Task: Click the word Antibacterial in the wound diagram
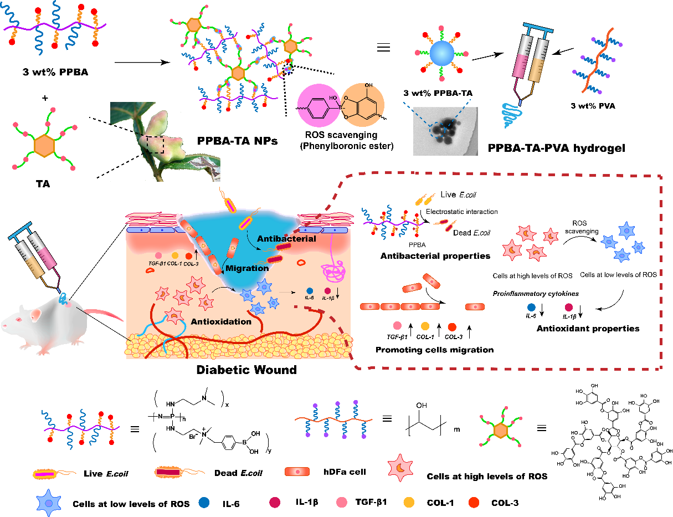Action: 286,239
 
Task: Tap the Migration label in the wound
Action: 247,268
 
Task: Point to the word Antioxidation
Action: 221,321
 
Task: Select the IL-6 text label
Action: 310,298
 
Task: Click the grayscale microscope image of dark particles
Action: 445,131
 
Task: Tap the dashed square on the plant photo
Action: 155,144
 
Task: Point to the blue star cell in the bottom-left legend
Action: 49,502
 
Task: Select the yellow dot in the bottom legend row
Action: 409,503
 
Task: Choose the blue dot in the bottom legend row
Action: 204,503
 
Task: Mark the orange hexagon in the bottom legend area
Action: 501,431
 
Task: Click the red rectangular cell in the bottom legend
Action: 297,472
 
